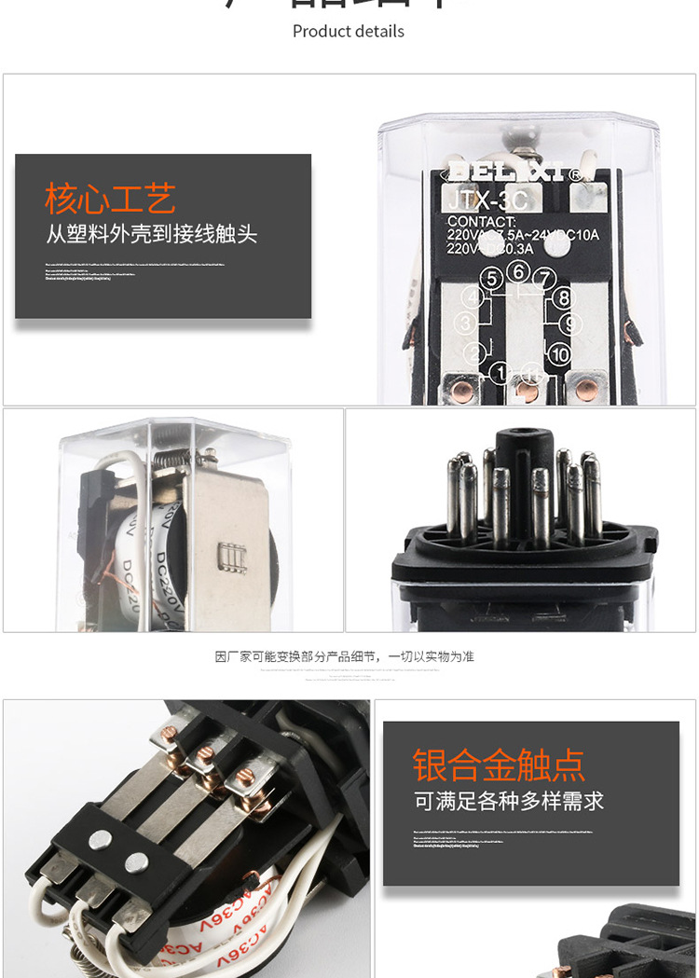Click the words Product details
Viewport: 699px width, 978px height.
point(349,31)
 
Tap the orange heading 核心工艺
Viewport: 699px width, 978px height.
point(110,199)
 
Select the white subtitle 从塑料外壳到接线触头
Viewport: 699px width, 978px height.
point(152,233)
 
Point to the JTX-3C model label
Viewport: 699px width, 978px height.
point(487,200)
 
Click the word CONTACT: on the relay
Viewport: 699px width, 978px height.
point(481,222)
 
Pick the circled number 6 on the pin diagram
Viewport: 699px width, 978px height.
point(520,271)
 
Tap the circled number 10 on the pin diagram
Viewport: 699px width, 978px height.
point(559,354)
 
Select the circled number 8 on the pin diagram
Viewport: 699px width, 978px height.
point(563,298)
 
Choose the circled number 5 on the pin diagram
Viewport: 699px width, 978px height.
point(492,278)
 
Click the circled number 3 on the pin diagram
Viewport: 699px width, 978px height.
point(466,324)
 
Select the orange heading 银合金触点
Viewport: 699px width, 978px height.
point(500,765)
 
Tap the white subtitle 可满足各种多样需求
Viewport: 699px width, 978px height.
point(509,801)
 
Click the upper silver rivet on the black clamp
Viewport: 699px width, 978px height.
point(100,840)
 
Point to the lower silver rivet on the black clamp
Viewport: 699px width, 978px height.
point(136,861)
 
